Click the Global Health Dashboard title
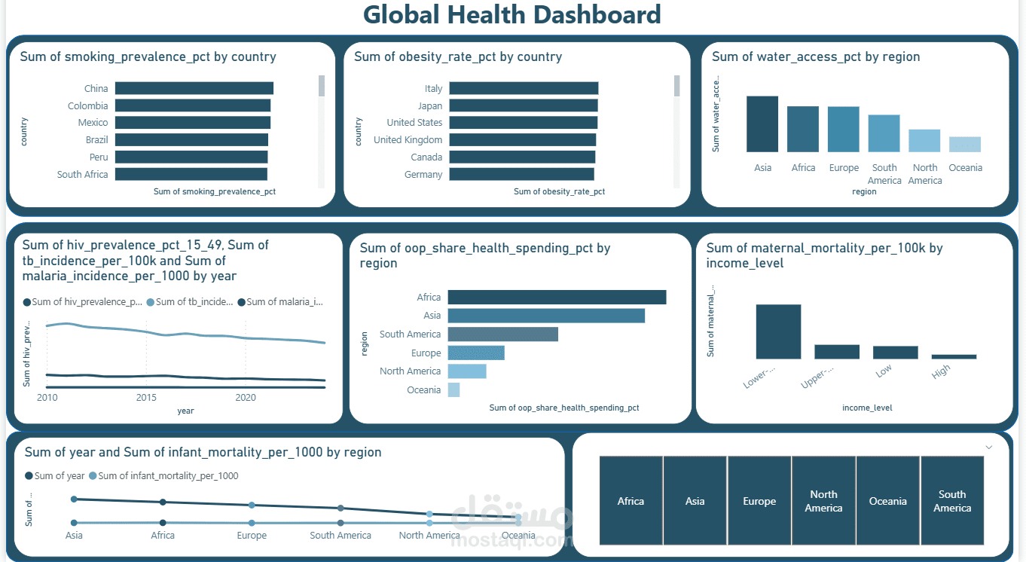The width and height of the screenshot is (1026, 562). (511, 15)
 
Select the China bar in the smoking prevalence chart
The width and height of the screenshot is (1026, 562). (194, 88)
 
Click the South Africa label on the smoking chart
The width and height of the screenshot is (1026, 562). (83, 174)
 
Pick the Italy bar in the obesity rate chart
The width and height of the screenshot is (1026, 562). (523, 88)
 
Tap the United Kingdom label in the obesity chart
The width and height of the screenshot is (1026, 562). (408, 139)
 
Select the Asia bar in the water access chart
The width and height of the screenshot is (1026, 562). (762, 124)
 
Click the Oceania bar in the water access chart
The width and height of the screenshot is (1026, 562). (965, 145)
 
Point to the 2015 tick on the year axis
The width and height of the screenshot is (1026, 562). (146, 397)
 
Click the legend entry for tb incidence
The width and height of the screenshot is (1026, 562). (190, 302)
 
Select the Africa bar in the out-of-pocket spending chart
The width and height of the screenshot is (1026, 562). (557, 297)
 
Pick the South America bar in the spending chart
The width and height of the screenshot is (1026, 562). (502, 334)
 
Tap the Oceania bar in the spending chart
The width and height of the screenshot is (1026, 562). (453, 389)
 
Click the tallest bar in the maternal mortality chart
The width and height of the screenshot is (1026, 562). (778, 331)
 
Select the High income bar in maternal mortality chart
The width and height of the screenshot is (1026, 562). (954, 356)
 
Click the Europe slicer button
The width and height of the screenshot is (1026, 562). (759, 501)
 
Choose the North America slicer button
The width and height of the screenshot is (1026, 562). (823, 501)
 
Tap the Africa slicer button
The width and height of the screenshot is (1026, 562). (631, 501)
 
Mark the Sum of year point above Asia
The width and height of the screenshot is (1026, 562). (74, 499)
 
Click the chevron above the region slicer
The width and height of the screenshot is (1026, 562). (989, 447)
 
